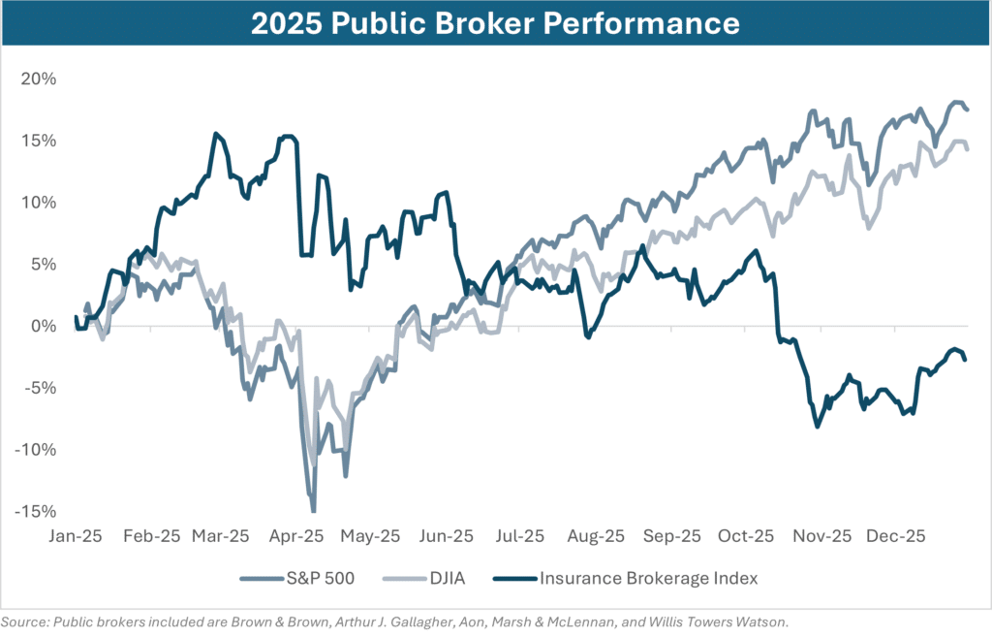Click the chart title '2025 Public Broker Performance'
coord(495,24)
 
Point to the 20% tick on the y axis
coord(39,79)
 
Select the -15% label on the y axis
coord(36,512)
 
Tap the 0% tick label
coord(44,326)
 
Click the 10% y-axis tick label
coord(39,203)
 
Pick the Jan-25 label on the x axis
coord(77,535)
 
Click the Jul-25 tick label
coord(520,535)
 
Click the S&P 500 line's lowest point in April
coord(314,510)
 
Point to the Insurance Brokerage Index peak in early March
coord(214,134)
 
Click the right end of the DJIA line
coord(967,148)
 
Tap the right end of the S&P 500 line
coord(967,109)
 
